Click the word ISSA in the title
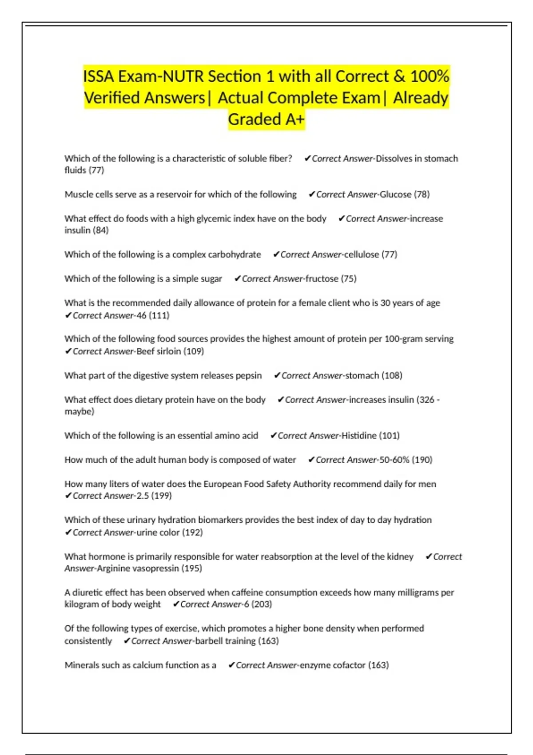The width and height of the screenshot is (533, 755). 98,76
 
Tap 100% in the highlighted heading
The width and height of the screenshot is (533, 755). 430,76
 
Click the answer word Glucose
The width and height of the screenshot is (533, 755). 395,194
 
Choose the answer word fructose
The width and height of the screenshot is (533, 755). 322,278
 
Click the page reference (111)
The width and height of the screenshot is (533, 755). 159,315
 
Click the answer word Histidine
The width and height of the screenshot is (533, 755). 358,436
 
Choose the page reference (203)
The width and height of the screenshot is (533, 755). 262,604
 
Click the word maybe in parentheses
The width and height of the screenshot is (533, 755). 79,411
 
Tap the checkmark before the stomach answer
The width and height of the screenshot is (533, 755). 277,375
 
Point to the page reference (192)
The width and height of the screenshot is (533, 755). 192,532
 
